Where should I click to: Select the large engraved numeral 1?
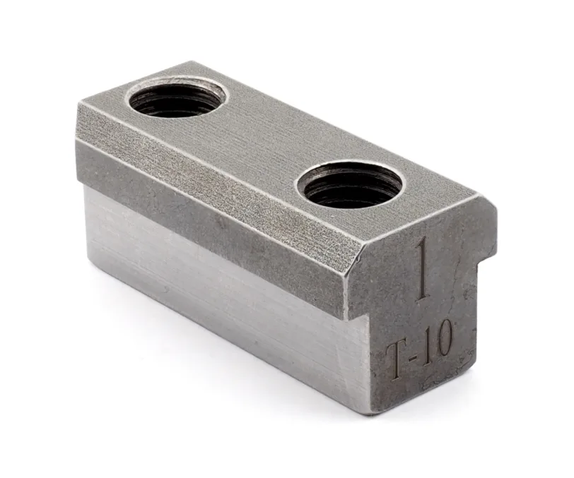point(423,268)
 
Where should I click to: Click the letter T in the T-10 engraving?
point(397,361)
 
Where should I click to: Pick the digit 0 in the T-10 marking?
point(441,339)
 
